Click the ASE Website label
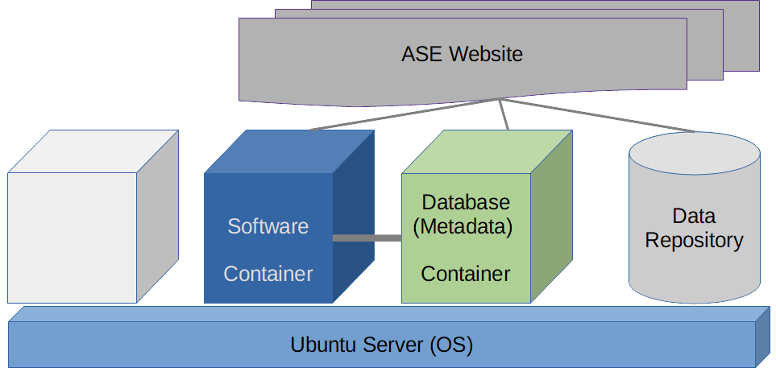click(x=462, y=55)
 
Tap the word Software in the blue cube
click(x=268, y=226)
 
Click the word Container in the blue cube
click(x=268, y=274)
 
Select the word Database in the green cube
click(x=466, y=201)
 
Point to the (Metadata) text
click(x=463, y=226)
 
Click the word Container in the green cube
click(x=465, y=274)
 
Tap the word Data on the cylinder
click(x=694, y=216)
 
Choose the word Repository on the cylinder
click(x=694, y=240)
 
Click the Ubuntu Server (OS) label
click(x=381, y=345)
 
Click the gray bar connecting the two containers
click(x=367, y=238)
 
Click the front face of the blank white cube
click(x=73, y=238)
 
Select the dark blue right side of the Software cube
click(x=354, y=217)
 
